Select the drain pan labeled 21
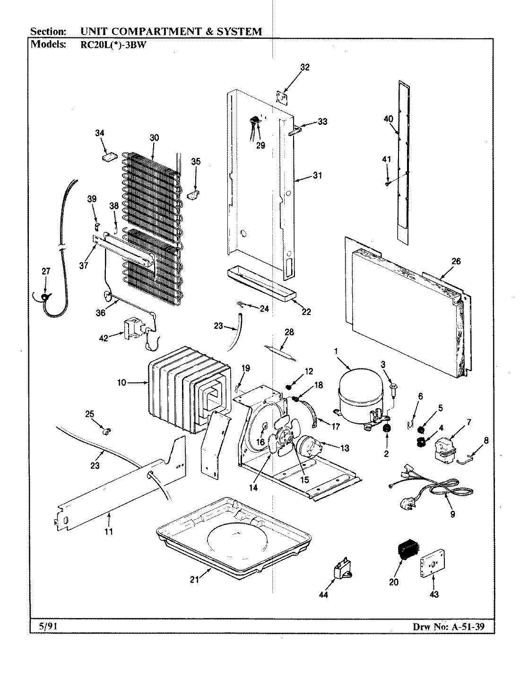pos(234,534)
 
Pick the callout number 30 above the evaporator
pos(154,138)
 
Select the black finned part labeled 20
pos(405,551)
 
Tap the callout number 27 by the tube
pos(45,271)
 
